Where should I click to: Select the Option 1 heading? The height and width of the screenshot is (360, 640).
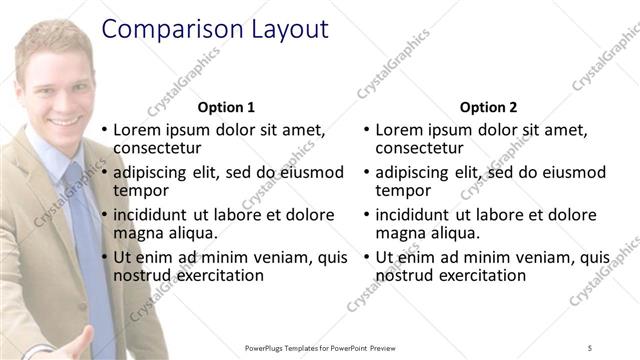pos(226,107)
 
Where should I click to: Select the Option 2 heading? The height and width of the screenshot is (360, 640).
pos(489,107)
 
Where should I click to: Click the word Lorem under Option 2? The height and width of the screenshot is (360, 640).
pos(403,130)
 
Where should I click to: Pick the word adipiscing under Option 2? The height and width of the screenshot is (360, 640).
pos(413,172)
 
